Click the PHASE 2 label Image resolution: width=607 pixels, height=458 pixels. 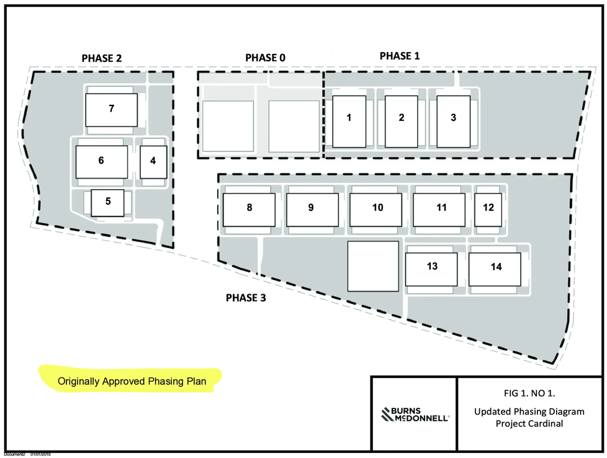(101, 58)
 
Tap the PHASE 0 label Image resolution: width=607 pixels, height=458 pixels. (265, 58)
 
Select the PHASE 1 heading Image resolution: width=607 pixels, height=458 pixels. (400, 56)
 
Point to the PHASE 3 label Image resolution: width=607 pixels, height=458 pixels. (246, 298)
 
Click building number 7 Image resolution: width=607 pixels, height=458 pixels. (112, 110)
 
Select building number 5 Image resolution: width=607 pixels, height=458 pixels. (107, 203)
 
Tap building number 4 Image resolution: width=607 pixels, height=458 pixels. (154, 162)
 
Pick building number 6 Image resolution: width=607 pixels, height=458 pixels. (101, 162)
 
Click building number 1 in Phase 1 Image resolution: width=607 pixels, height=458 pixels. (349, 122)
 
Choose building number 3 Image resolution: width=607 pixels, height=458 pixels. (453, 122)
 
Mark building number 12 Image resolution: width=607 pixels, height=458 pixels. (488, 210)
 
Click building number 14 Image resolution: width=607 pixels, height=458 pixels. (495, 269)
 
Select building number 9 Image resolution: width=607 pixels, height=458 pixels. (312, 210)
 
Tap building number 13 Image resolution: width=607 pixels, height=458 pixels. (431, 269)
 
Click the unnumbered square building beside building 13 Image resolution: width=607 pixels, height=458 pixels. (373, 266)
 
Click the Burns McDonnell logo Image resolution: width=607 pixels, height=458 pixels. (415, 415)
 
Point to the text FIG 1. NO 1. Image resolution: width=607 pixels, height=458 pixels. (529, 393)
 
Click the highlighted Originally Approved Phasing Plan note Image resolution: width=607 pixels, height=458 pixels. (132, 381)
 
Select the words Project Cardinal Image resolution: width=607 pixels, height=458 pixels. (529, 423)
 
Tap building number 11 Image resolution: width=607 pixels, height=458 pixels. (439, 210)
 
